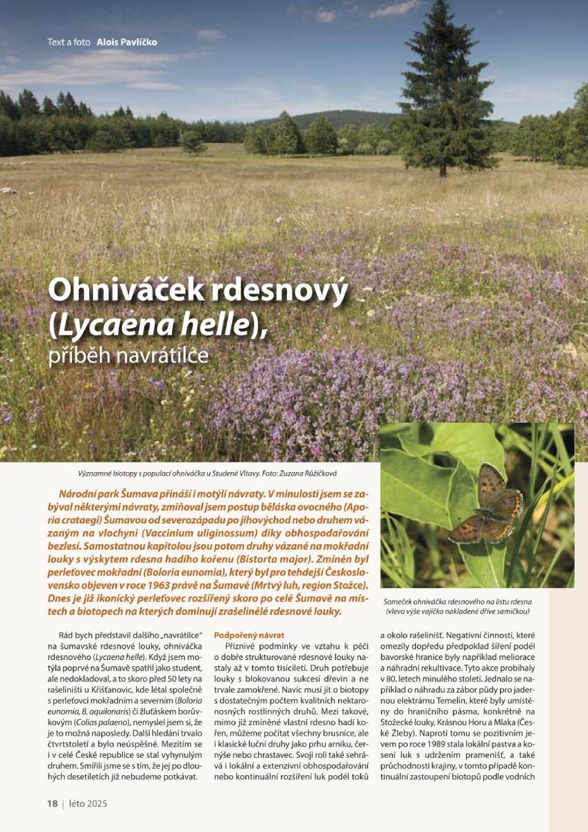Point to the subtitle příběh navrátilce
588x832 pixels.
pyautogui.click(x=128, y=355)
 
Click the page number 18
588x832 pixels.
pyautogui.click(x=52, y=804)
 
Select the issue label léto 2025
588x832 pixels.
pyautogui.click(x=88, y=804)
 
